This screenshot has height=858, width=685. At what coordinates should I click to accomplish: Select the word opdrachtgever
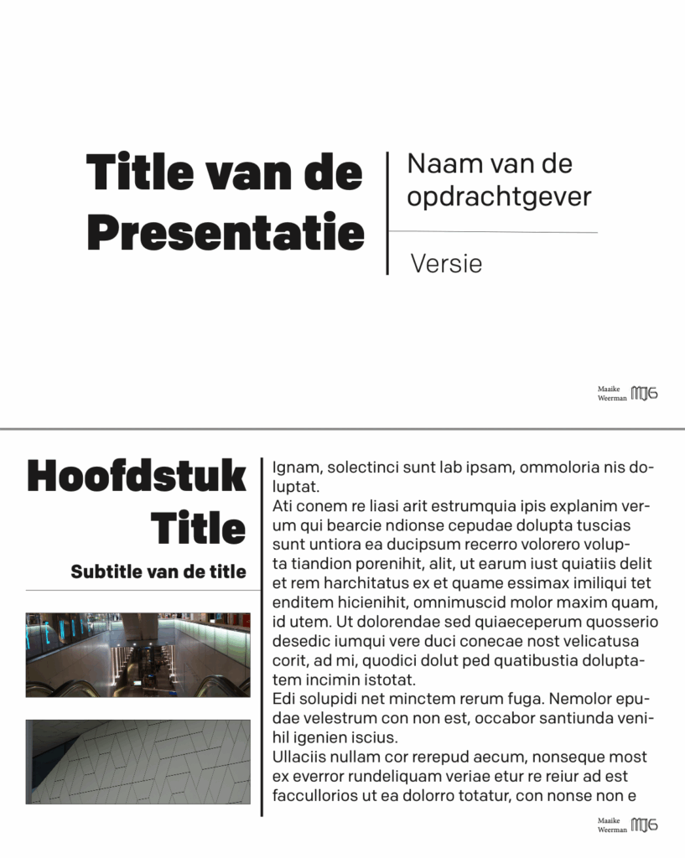tap(499, 197)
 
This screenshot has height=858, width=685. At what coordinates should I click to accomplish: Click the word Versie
tap(446, 264)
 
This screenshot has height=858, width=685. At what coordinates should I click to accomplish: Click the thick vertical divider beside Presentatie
tap(387, 213)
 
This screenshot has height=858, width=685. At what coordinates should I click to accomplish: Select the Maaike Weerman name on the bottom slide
tap(612, 824)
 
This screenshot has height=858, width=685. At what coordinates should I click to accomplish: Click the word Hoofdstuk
tap(137, 476)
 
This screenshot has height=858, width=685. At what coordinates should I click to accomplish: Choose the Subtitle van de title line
tap(158, 572)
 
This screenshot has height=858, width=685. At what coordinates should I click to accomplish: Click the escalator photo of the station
tap(138, 654)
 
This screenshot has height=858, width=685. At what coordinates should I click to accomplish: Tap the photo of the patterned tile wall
tap(138, 761)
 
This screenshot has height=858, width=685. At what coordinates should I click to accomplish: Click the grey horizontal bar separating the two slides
tap(342, 429)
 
